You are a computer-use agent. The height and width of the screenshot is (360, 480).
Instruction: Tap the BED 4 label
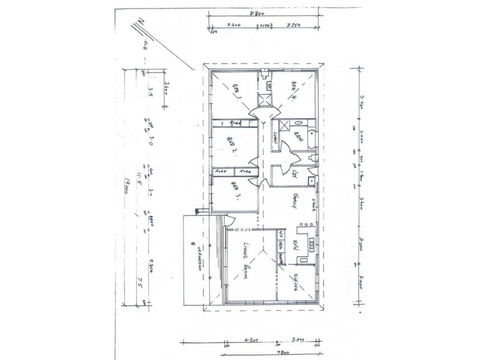point(295,92)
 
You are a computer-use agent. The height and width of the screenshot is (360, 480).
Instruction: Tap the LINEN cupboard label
point(277,140)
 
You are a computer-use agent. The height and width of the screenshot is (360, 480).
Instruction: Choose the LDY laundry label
point(294,175)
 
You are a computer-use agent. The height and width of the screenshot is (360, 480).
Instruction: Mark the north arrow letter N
point(139,22)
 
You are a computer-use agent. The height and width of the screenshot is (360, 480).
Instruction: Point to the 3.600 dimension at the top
point(234,26)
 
